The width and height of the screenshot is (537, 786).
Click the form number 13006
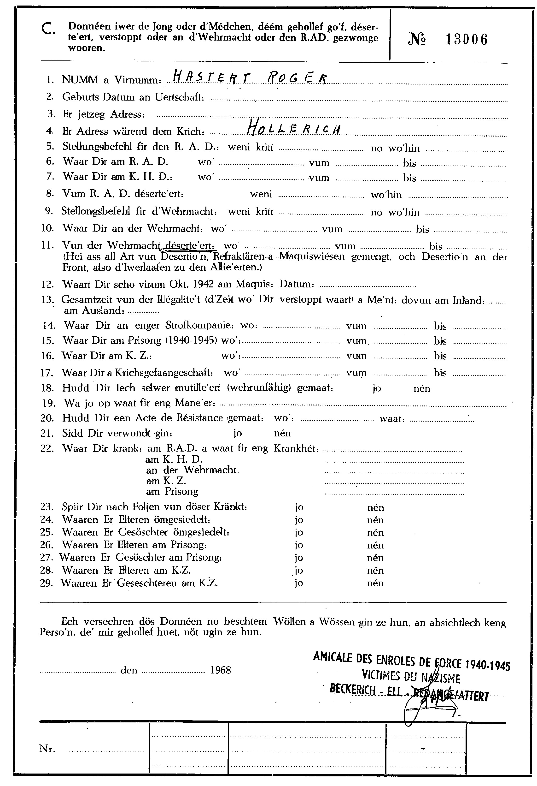(466, 40)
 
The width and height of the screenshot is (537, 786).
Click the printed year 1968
(220, 670)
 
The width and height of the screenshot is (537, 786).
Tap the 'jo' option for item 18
(377, 388)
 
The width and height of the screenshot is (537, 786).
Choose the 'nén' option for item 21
(283, 433)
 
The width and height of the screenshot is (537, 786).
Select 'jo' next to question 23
(299, 507)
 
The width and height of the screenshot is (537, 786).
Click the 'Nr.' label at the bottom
(47, 749)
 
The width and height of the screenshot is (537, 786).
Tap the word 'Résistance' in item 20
(200, 418)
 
